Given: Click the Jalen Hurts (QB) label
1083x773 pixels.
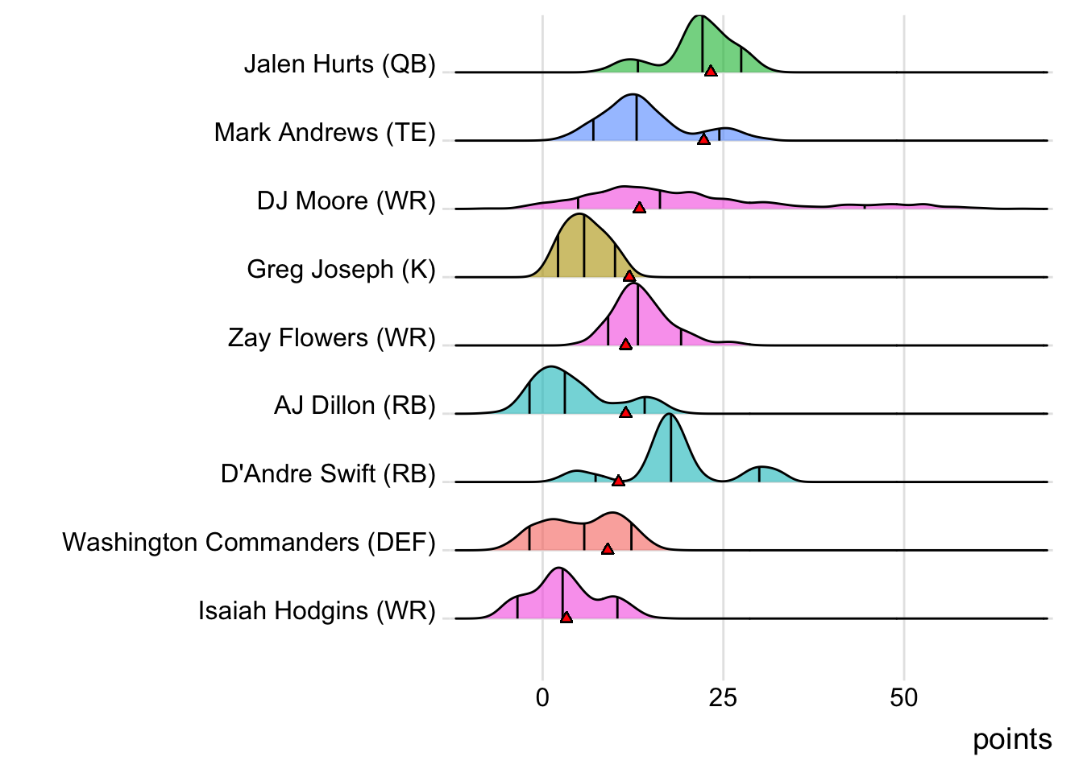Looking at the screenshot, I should pos(339,64).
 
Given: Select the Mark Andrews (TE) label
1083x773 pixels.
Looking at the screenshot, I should pos(325,133).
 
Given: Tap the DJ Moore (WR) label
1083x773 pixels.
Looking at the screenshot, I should pos(346,201).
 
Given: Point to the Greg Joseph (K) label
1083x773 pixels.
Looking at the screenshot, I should pos(341,270).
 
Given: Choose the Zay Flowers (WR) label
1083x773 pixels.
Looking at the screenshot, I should pos(331,338).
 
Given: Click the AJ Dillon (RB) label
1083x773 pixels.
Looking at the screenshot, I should pos(355,406).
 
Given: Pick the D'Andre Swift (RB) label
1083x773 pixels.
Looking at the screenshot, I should pos(328,474).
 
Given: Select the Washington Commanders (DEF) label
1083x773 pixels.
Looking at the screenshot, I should pos(249,543).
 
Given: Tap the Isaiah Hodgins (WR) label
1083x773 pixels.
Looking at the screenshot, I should pos(317,611).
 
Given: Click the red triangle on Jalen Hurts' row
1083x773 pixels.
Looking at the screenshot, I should pos(711,72).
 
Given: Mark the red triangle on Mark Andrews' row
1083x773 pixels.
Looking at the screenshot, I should pos(703,140).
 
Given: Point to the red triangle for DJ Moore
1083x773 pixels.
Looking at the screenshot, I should pos(639,209).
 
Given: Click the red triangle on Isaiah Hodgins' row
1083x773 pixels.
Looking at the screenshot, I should pos(566,618).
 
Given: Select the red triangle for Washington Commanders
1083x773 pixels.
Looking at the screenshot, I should pos(608,549).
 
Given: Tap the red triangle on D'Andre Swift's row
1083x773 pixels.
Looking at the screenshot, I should pos(618,481).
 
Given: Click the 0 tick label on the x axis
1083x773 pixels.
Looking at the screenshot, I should pos(542,697).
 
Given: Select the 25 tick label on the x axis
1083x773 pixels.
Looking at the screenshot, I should pos(723,697).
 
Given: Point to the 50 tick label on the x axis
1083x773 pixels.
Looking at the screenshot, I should pos(903,697).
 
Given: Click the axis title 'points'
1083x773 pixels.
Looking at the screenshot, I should pos(1012,739).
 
